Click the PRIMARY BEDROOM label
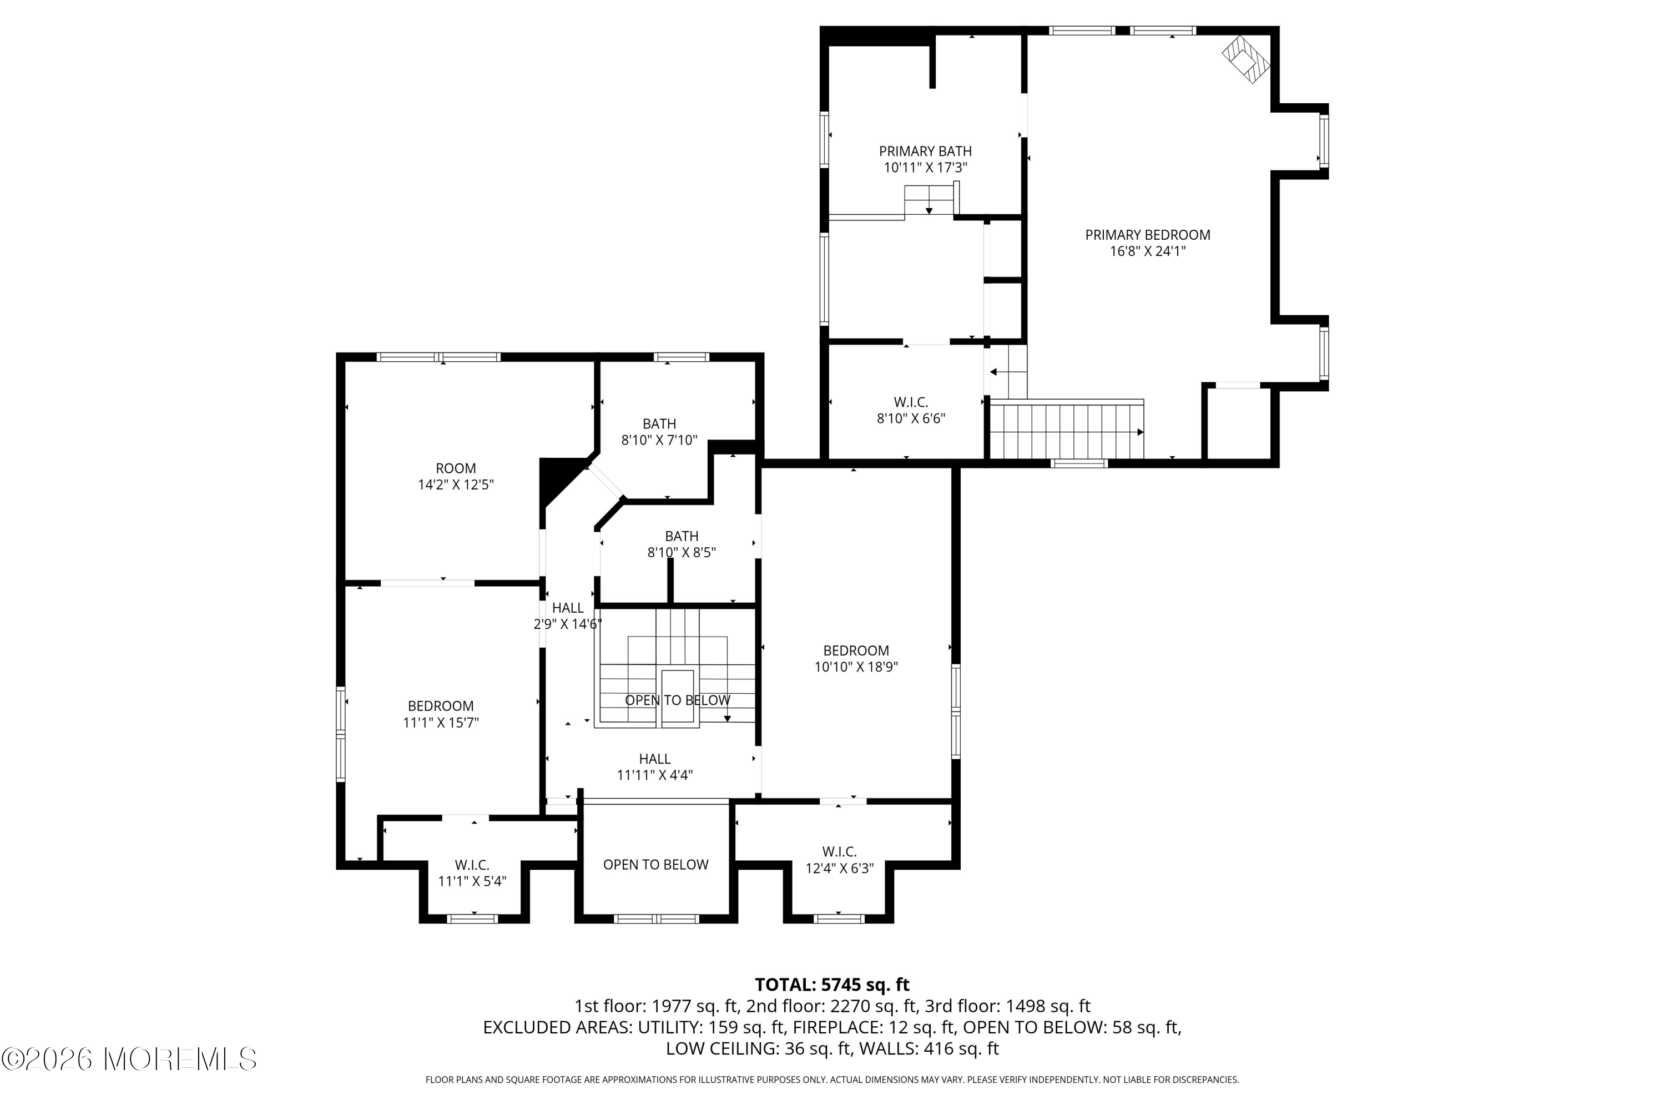1148,235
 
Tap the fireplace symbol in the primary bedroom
1246,60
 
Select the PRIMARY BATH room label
925,152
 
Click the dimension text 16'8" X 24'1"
1148,251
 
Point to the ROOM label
456,468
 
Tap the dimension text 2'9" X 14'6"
568,624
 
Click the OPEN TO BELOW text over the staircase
678,700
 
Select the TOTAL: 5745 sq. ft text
832,985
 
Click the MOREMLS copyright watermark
129,1059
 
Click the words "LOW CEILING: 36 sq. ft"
757,1048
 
